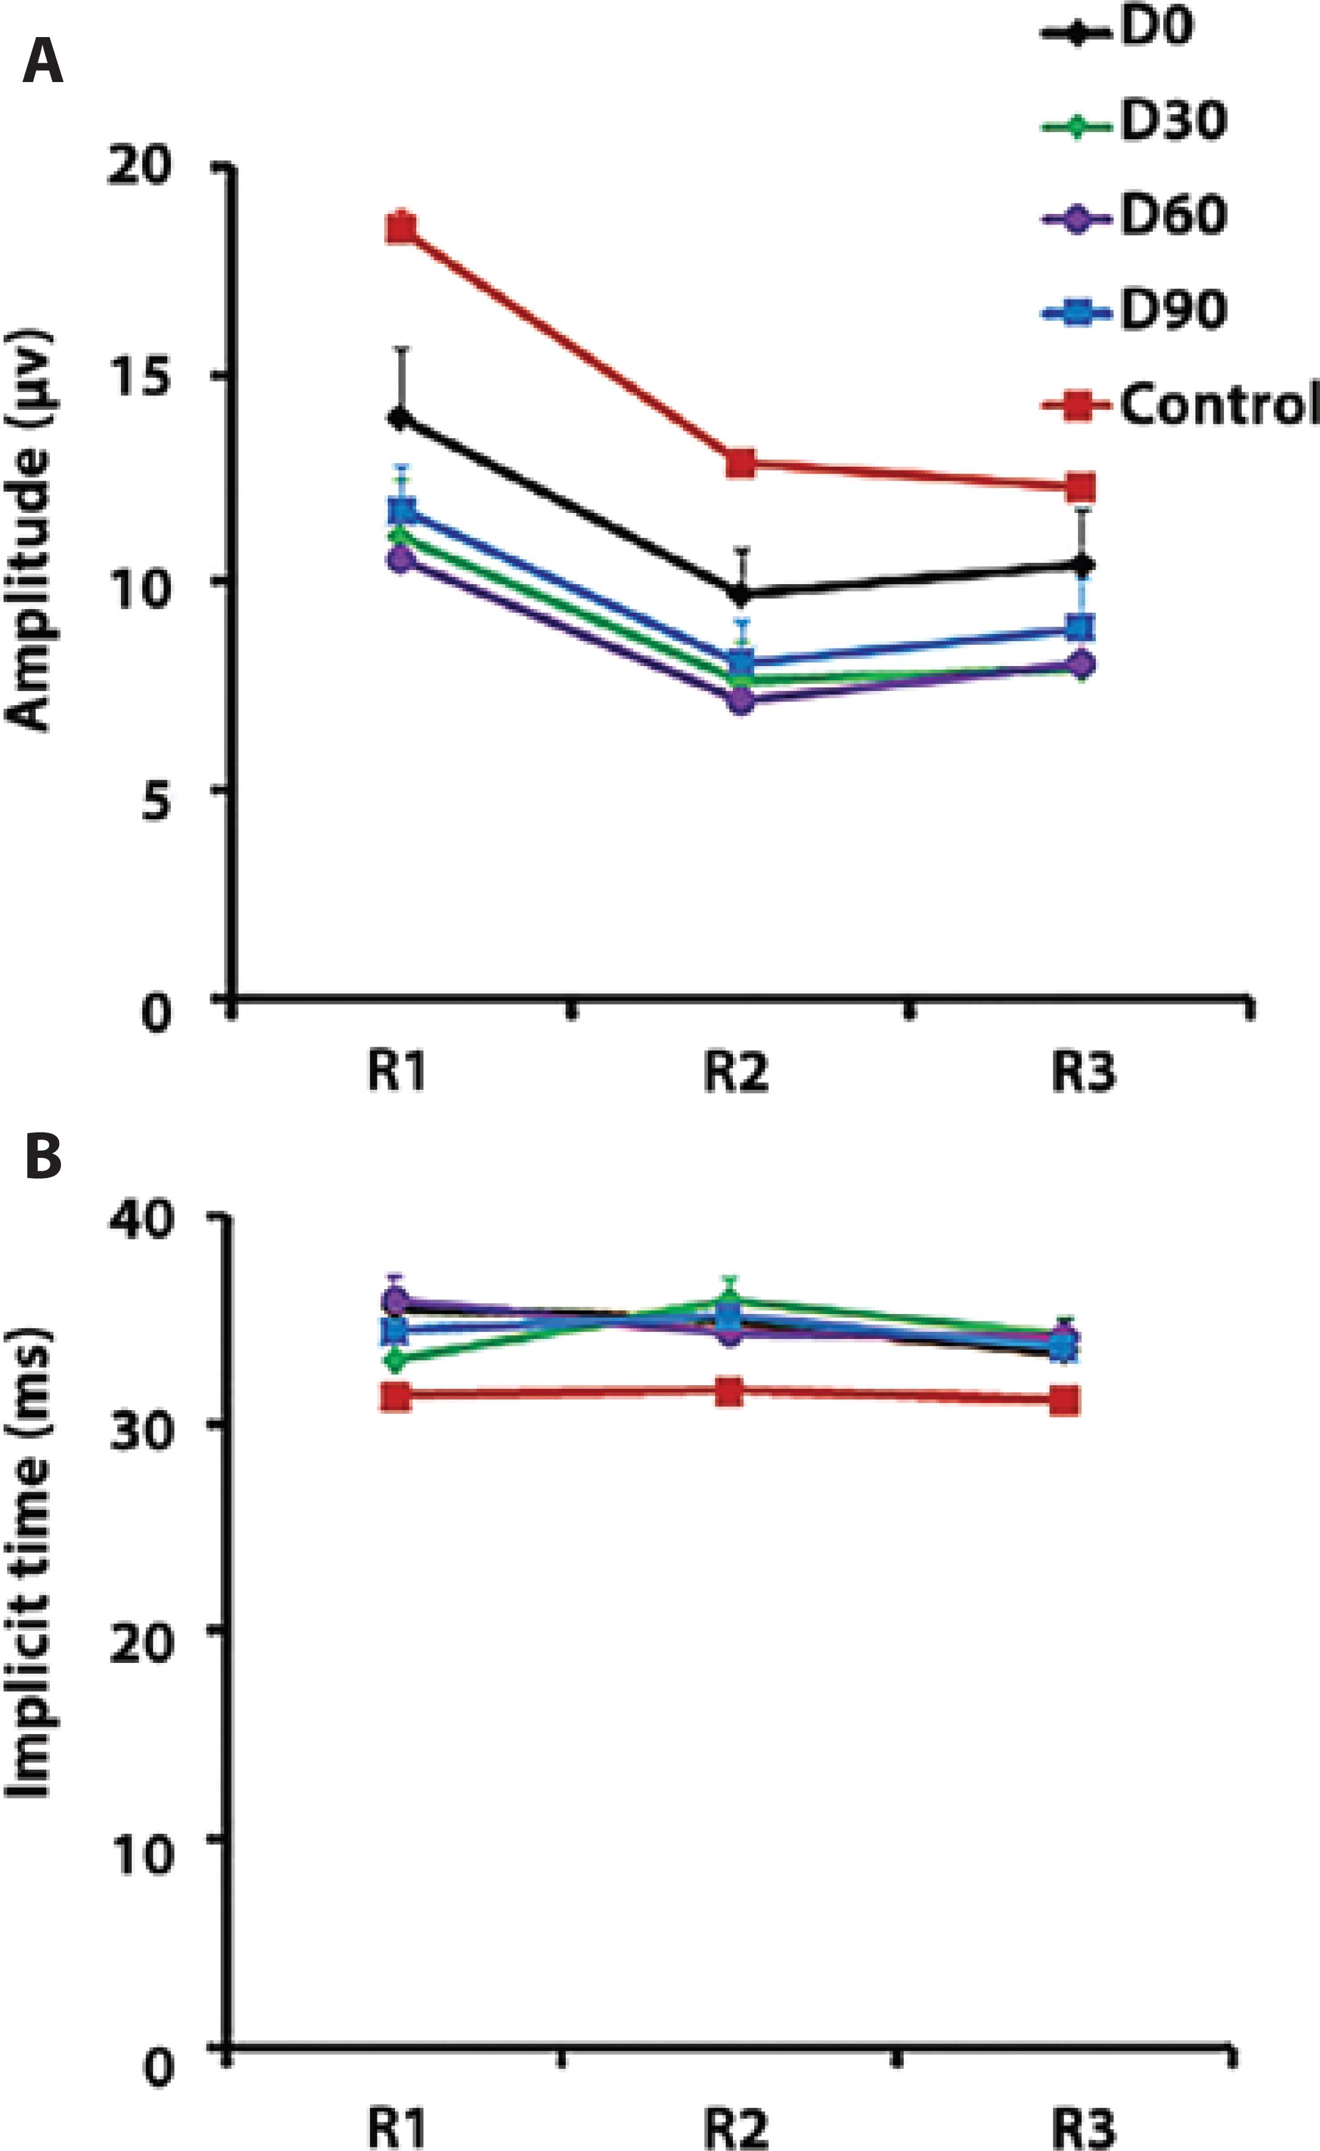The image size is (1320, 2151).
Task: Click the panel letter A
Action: pos(42,63)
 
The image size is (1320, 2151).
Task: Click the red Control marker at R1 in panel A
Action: pos(402,229)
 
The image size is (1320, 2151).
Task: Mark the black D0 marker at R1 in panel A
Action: pos(402,418)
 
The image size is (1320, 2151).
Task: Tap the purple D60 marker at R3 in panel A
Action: pos(1082,664)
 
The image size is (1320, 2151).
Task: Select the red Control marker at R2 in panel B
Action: pos(730,1391)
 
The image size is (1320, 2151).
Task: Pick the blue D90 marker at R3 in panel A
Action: pos(1082,628)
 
